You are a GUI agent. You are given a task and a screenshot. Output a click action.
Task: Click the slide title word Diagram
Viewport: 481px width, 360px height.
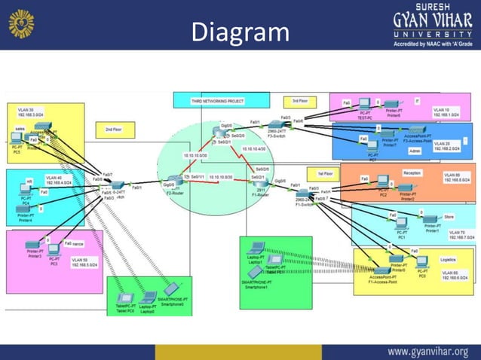[x=240, y=32]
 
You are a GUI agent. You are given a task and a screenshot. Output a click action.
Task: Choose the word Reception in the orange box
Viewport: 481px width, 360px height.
[x=412, y=172]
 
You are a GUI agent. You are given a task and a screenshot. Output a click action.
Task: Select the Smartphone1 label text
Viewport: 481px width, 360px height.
[x=257, y=286]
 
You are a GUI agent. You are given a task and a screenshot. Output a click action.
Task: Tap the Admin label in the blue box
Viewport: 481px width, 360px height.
[x=414, y=151]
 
